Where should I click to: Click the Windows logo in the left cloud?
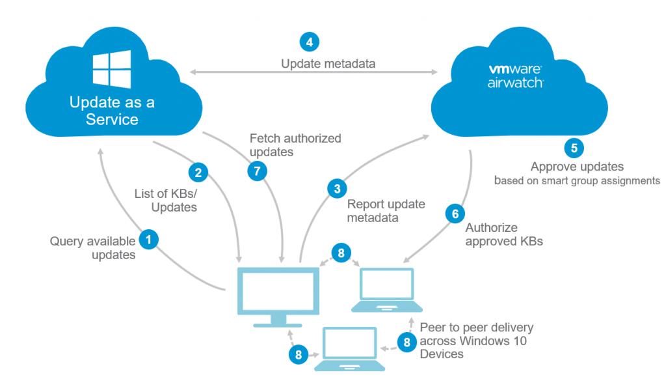click(x=112, y=70)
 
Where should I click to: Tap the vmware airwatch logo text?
click(x=515, y=76)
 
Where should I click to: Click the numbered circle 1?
click(x=149, y=240)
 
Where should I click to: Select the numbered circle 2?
click(x=198, y=173)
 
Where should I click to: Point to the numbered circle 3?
click(x=336, y=189)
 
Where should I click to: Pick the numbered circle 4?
click(x=309, y=42)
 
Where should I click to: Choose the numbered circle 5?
click(x=574, y=148)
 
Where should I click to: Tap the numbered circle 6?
click(x=455, y=213)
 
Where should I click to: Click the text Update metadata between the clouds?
click(x=328, y=64)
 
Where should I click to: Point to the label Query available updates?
click(x=94, y=248)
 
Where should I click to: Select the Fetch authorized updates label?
click(x=295, y=145)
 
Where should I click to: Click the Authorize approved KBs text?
click(x=504, y=234)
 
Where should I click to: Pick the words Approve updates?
click(x=577, y=167)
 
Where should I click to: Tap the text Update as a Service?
click(x=112, y=111)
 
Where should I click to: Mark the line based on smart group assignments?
click(x=577, y=180)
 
